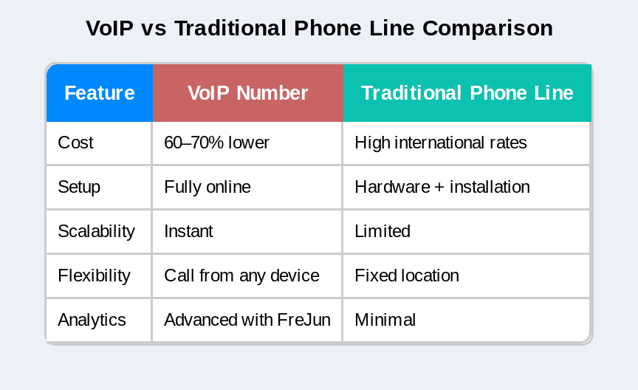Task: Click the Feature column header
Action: [100, 93]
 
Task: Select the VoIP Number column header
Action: [248, 93]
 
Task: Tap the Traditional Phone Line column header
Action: [467, 93]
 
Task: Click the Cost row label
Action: [75, 143]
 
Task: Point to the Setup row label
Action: [79, 187]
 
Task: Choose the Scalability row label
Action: [96, 231]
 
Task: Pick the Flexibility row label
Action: [94, 276]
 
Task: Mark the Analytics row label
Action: [92, 320]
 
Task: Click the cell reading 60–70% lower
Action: [217, 143]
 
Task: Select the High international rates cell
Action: [441, 143]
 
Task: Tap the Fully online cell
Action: [207, 187]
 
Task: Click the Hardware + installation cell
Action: [442, 187]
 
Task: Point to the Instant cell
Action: [188, 231]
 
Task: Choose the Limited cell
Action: [383, 231]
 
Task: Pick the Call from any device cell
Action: [241, 276]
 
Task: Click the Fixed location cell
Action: [407, 276]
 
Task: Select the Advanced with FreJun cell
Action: [247, 320]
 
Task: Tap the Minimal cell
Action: [385, 320]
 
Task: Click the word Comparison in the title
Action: [488, 28]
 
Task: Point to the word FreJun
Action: [304, 320]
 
